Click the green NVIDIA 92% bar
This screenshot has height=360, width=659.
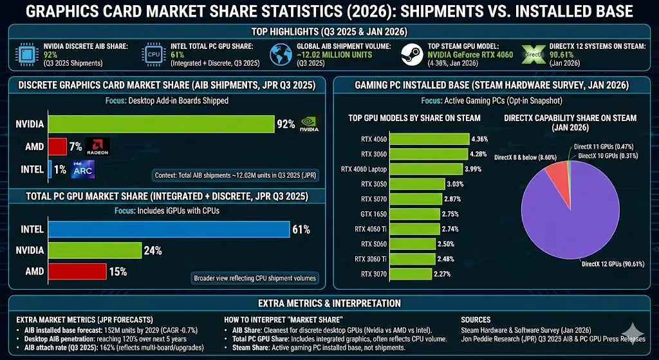coord(162,124)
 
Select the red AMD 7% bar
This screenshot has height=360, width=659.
coord(58,147)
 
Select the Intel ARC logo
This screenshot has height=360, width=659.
coord(82,169)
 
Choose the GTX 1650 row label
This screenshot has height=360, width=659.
coord(373,214)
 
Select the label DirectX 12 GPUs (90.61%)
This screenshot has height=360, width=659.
coord(612,264)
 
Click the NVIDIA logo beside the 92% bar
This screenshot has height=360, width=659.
coord(313,124)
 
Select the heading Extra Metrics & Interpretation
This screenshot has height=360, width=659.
coord(329,303)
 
